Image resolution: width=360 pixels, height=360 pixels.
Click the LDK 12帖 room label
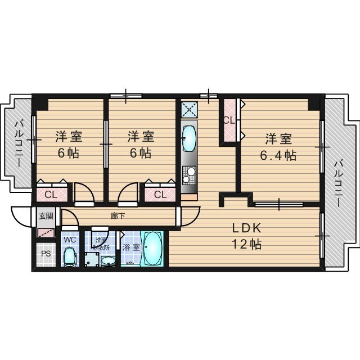pos(246,236)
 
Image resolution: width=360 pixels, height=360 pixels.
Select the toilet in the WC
pos(70,256)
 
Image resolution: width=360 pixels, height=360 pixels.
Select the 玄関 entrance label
pos(46,216)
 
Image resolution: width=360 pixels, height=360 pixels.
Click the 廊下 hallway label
pos(118,215)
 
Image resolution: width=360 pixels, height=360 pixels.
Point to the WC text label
pos(70,240)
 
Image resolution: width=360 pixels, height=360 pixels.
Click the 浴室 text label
pos(129,246)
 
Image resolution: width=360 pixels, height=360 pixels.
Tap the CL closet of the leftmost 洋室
pos(50,195)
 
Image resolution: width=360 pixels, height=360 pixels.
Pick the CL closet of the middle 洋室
pos(160,195)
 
